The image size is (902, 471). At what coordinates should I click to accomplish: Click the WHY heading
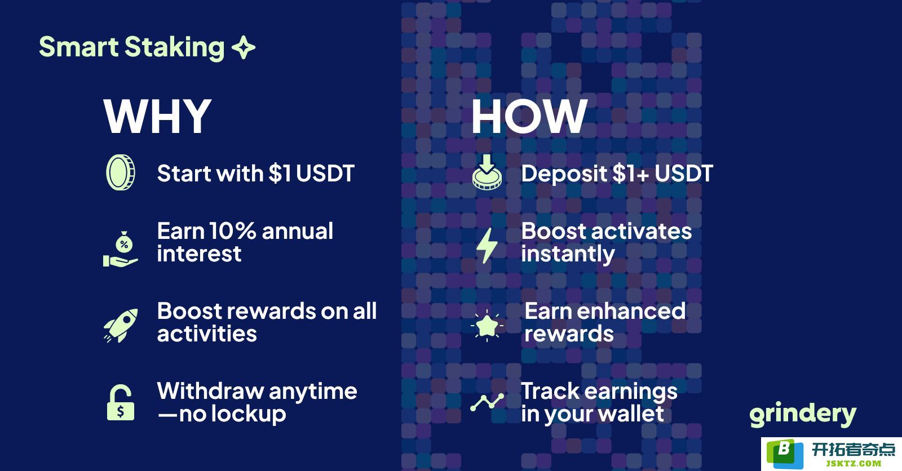157,116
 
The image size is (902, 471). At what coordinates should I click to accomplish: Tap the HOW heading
529,116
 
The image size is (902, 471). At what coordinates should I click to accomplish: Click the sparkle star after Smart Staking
244,47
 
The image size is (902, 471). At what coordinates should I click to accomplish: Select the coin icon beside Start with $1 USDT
121,172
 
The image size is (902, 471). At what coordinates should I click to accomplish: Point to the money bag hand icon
121,249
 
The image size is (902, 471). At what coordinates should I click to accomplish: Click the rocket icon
121,325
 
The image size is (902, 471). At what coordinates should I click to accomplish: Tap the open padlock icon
121,403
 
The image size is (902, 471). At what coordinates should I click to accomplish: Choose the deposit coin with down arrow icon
487,172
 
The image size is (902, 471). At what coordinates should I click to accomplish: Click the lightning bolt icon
487,246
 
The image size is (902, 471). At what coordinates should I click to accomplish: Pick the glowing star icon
487,325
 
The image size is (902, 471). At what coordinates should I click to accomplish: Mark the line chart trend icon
487,402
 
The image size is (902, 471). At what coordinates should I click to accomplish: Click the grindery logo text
803,414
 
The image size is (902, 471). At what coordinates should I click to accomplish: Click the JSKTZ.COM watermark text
854,463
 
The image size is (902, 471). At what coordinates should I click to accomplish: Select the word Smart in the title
78,47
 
